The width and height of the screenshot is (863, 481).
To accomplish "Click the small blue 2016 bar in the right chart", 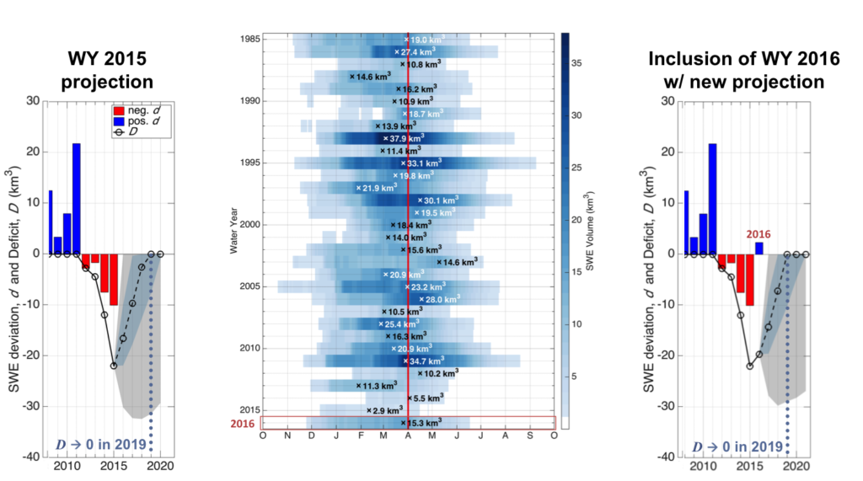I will coord(758,248).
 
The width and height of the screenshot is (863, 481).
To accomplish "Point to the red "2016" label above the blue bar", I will coord(759,235).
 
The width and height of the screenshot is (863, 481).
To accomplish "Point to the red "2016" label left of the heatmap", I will coord(243,424).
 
